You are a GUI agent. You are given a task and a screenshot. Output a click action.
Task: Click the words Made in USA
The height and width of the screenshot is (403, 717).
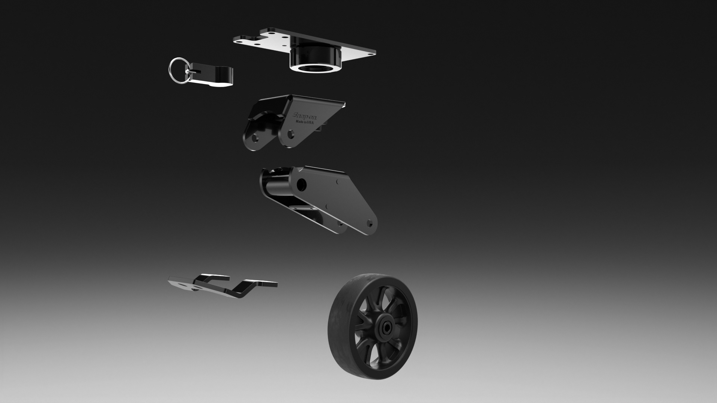click(x=305, y=122)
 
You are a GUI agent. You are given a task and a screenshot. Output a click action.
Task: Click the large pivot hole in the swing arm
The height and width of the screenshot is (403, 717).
click(x=301, y=184)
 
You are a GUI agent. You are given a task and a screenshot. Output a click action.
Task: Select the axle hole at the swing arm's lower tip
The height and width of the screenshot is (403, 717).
click(x=370, y=225)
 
